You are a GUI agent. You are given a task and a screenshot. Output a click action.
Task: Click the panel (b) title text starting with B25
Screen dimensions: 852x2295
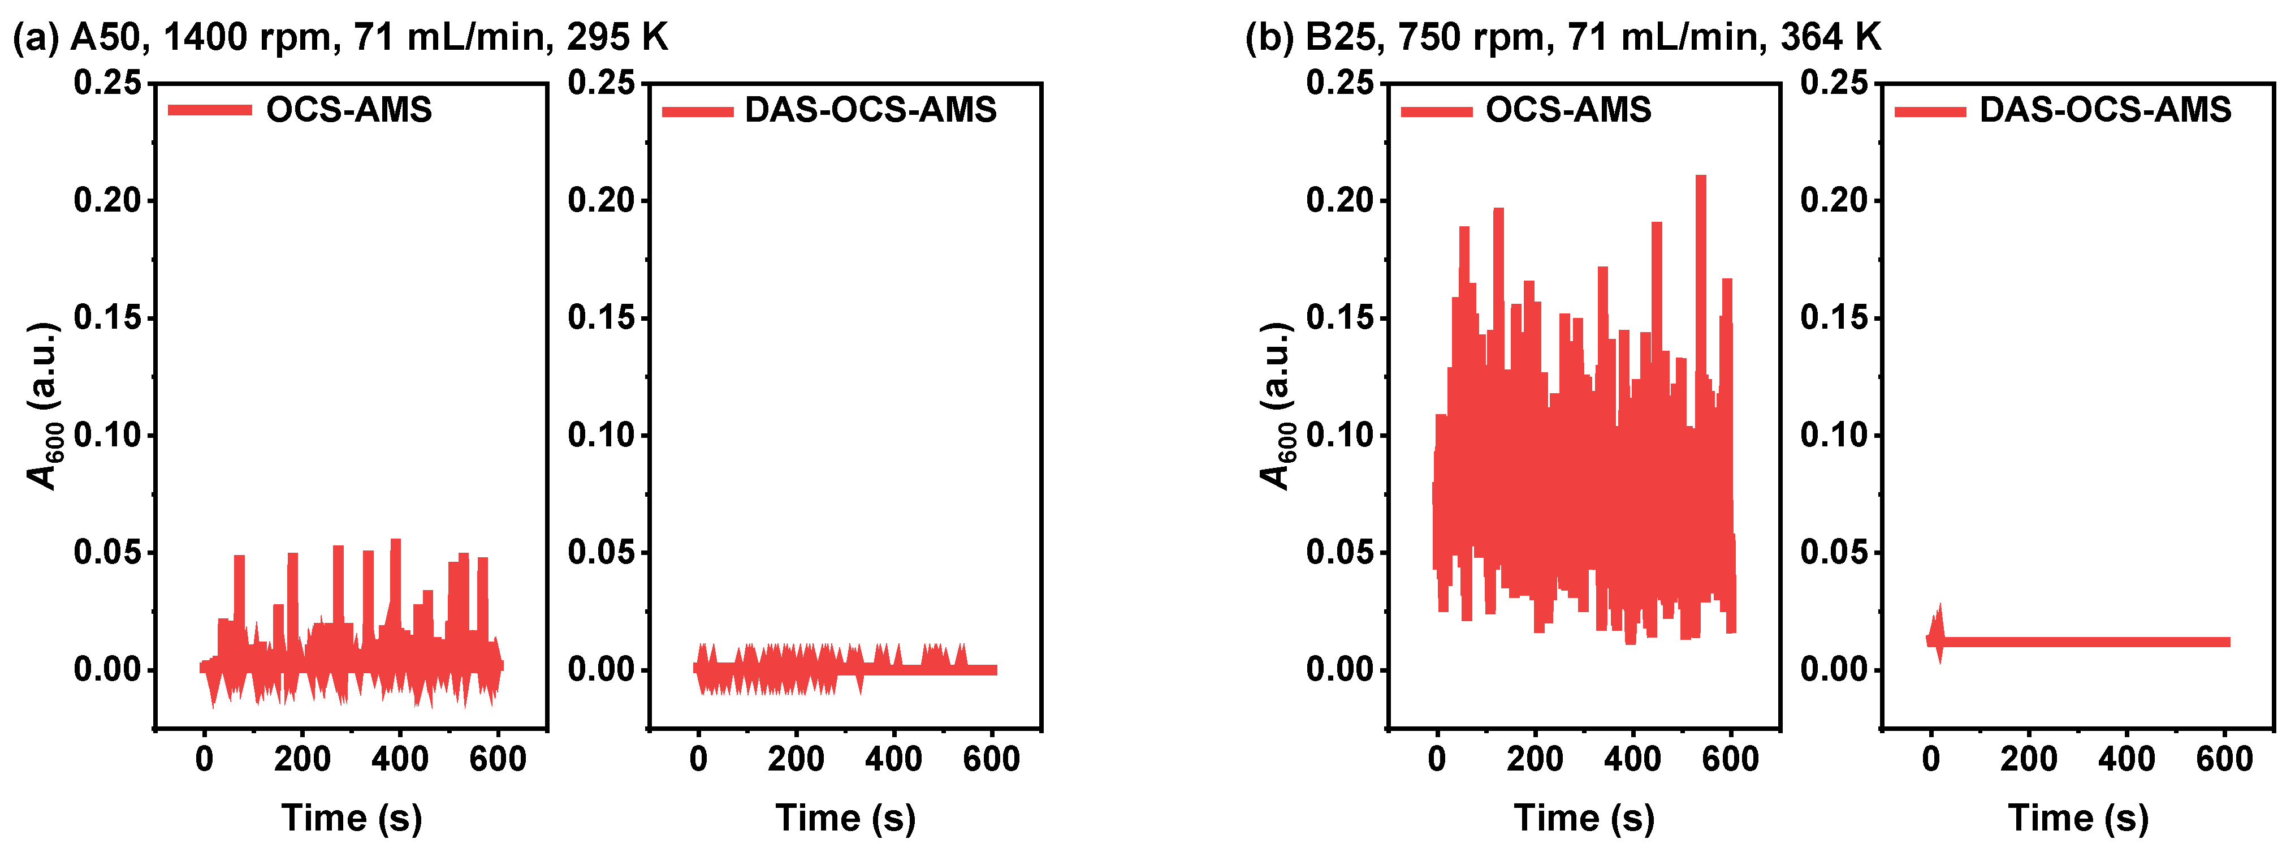(1563, 37)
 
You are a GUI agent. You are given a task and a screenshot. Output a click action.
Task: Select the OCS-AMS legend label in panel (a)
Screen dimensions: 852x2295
(349, 110)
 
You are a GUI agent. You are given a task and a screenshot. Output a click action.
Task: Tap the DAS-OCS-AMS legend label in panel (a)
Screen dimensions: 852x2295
(870, 110)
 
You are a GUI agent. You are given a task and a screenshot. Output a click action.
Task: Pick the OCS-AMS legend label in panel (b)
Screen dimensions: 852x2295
(1568, 110)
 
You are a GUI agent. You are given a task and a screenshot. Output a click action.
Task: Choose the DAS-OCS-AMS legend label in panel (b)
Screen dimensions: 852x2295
(2105, 110)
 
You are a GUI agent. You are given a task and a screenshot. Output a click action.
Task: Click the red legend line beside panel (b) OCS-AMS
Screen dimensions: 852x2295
(1436, 111)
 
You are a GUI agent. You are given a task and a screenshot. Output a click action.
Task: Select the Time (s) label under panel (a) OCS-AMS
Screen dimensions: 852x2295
(352, 818)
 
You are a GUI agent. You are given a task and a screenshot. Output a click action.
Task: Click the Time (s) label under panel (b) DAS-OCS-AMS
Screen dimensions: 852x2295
(2078, 818)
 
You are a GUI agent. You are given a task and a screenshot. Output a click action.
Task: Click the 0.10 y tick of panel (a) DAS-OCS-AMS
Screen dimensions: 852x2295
(602, 435)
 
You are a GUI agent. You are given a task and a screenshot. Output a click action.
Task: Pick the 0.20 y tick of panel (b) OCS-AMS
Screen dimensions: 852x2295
(1341, 200)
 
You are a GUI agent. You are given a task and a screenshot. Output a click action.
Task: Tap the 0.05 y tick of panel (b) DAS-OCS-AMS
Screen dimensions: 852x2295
(1834, 553)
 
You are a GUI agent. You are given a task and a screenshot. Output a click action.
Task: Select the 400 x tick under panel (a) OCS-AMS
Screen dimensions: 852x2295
(400, 759)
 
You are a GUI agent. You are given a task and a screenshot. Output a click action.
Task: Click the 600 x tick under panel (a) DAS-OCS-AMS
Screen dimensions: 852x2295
(992, 759)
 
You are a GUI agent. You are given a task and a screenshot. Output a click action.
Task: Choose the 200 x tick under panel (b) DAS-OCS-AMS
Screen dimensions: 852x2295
(2029, 759)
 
